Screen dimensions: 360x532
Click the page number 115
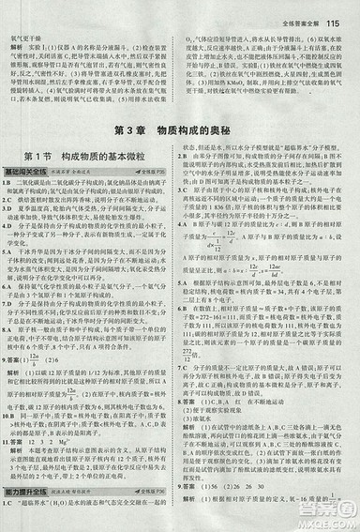339,13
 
